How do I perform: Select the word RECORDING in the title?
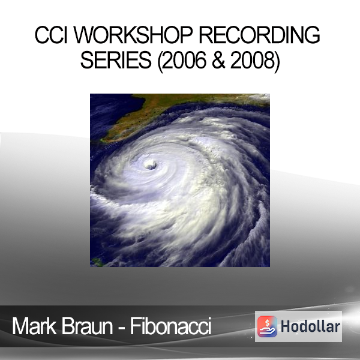(259, 35)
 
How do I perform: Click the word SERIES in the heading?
(116, 60)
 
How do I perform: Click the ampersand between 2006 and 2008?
(218, 60)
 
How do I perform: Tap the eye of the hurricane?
(151, 165)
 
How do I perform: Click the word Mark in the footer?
(34, 326)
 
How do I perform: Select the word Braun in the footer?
(87, 326)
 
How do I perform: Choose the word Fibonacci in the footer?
(170, 326)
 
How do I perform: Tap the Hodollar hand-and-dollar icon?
(267, 326)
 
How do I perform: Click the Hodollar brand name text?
(310, 326)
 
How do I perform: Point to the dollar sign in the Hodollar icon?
(267, 323)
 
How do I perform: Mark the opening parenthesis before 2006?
(160, 61)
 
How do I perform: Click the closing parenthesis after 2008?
(277, 61)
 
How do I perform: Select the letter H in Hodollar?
(286, 326)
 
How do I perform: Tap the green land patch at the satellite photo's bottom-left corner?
(96, 262)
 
